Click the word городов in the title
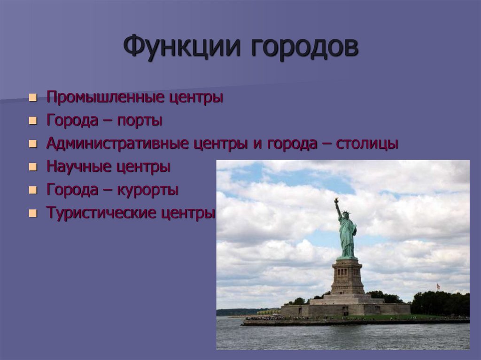click(303, 48)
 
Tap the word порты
click(140, 121)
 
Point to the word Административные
click(117, 144)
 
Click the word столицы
click(367, 144)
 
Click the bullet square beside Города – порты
click(32, 122)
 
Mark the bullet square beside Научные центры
click(32, 168)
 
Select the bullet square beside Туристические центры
click(32, 214)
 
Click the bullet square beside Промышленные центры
click(32, 99)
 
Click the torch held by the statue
click(336, 201)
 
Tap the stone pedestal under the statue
click(348, 277)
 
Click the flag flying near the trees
click(438, 286)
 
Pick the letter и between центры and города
click(257, 145)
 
